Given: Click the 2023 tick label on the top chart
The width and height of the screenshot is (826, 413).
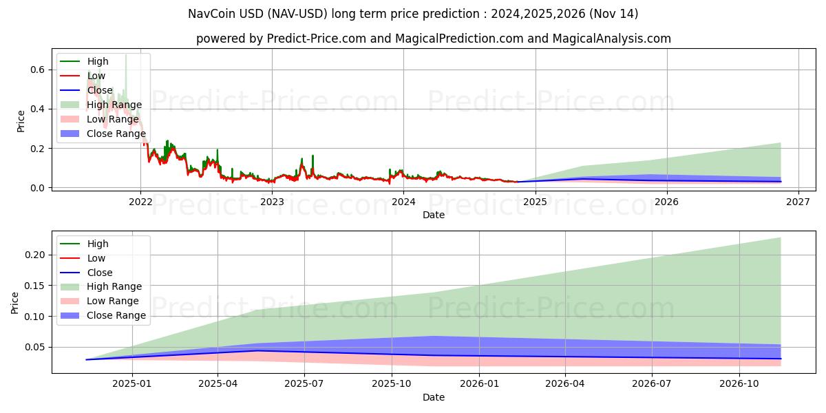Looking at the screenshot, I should (272, 202).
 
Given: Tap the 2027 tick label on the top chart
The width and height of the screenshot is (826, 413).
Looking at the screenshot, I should (798, 202).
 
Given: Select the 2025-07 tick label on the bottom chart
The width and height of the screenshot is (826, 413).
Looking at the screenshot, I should (304, 384).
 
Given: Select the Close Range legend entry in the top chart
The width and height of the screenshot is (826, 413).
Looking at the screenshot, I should (116, 134).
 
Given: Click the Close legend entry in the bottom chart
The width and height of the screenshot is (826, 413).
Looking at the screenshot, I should (100, 273).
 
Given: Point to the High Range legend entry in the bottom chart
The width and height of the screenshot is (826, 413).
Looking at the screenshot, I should (114, 286).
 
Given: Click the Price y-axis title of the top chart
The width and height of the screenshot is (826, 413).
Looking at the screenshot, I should (21, 120).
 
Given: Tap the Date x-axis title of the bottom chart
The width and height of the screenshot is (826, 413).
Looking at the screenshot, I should (434, 397).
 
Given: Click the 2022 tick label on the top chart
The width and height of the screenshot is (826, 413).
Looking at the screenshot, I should (140, 202).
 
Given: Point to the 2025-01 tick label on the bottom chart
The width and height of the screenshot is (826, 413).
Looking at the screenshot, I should (131, 384).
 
